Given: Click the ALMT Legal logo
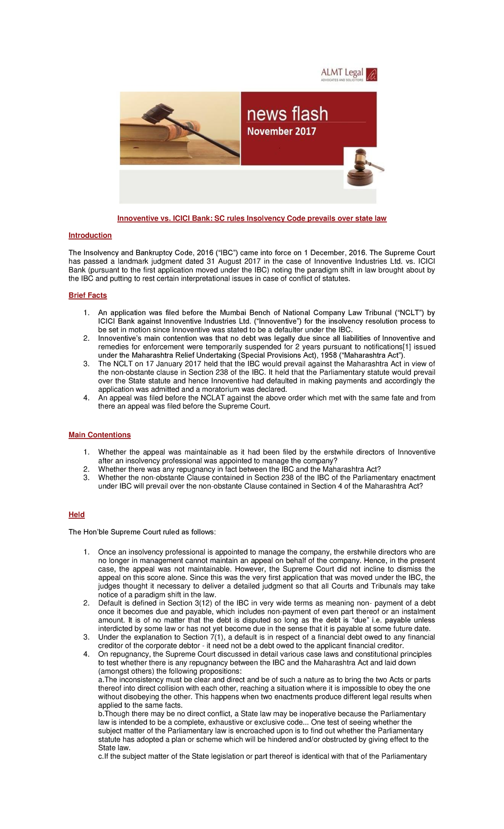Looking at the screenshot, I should pos(349,74).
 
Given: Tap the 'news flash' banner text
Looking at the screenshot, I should pos(287,114).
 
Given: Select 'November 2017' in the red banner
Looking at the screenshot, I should pos(281,131).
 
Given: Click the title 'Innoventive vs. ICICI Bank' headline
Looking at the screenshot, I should pos(252,218).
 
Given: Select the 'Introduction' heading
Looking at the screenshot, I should pos(90,235).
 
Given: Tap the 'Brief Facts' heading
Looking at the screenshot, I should pos(88,295).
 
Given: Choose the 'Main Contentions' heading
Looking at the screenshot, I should pos(100,435).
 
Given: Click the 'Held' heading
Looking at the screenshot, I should pos(76,514).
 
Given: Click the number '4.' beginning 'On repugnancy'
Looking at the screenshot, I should pos(87,654).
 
